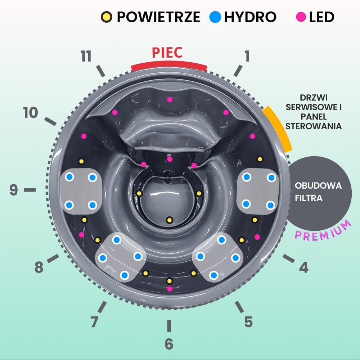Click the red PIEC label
click(x=167, y=53)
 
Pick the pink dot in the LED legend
click(x=301, y=17)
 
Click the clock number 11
click(x=86, y=57)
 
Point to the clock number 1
click(x=247, y=56)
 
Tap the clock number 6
click(x=169, y=344)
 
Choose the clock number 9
click(x=14, y=190)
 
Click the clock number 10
click(x=31, y=113)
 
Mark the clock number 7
click(x=94, y=321)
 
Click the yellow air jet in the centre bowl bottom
click(x=169, y=220)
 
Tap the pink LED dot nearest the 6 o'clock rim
click(x=170, y=289)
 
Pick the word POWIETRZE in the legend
click(x=158, y=17)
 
